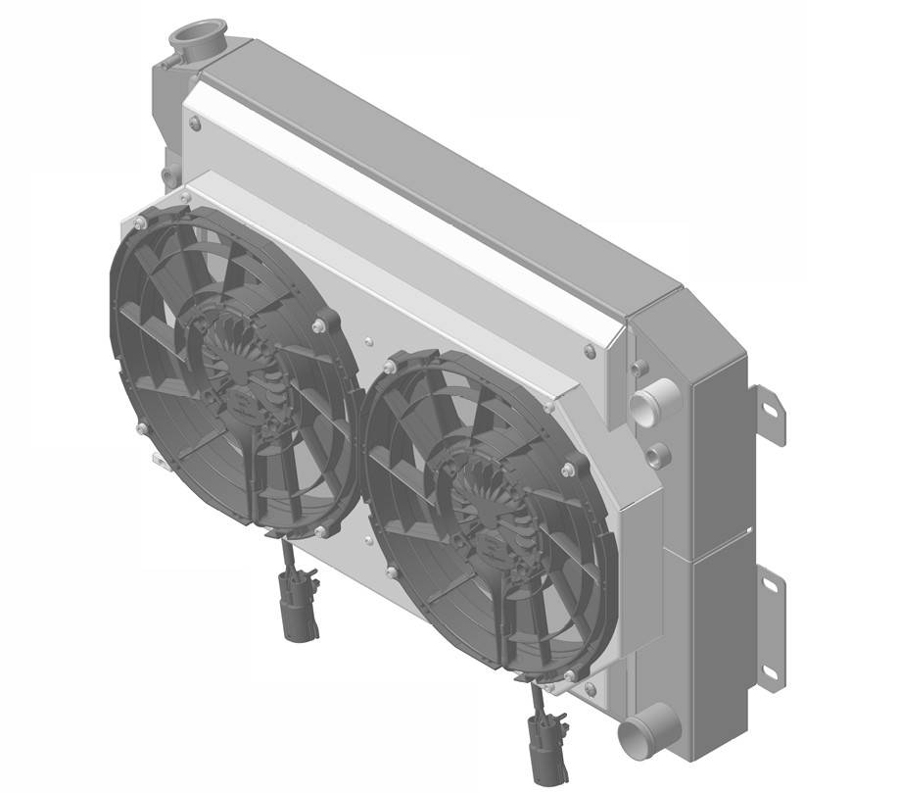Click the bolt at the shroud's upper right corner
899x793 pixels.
pyautogui.click(x=588, y=350)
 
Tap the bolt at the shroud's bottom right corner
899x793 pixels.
pyautogui.click(x=590, y=689)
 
